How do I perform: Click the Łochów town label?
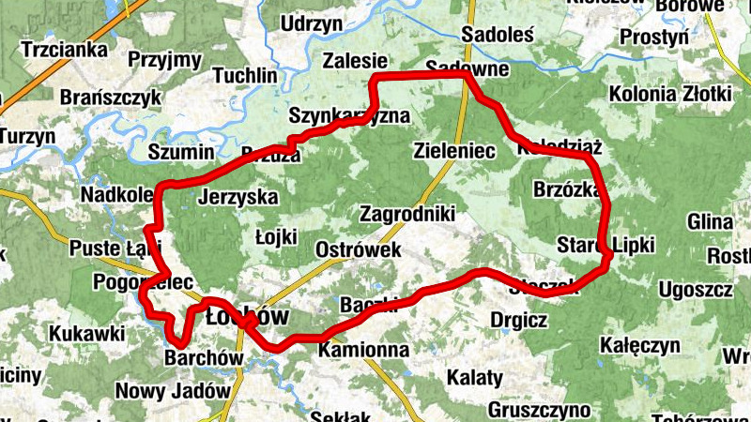(x=247, y=315)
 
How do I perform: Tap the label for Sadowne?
(x=467, y=68)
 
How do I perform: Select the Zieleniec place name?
(x=454, y=150)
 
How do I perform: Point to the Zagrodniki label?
(x=407, y=214)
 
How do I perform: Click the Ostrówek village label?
(x=360, y=250)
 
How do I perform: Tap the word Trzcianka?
(x=64, y=49)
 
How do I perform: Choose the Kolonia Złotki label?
(x=669, y=94)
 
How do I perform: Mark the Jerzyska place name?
(x=238, y=198)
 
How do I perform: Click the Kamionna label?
(x=363, y=351)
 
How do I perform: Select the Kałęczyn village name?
(x=642, y=345)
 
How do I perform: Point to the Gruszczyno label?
(x=539, y=410)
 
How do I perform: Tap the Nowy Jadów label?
(x=173, y=391)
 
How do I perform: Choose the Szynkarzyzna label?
(x=350, y=116)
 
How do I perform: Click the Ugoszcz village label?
(x=696, y=289)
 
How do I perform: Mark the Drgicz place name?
(x=519, y=320)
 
